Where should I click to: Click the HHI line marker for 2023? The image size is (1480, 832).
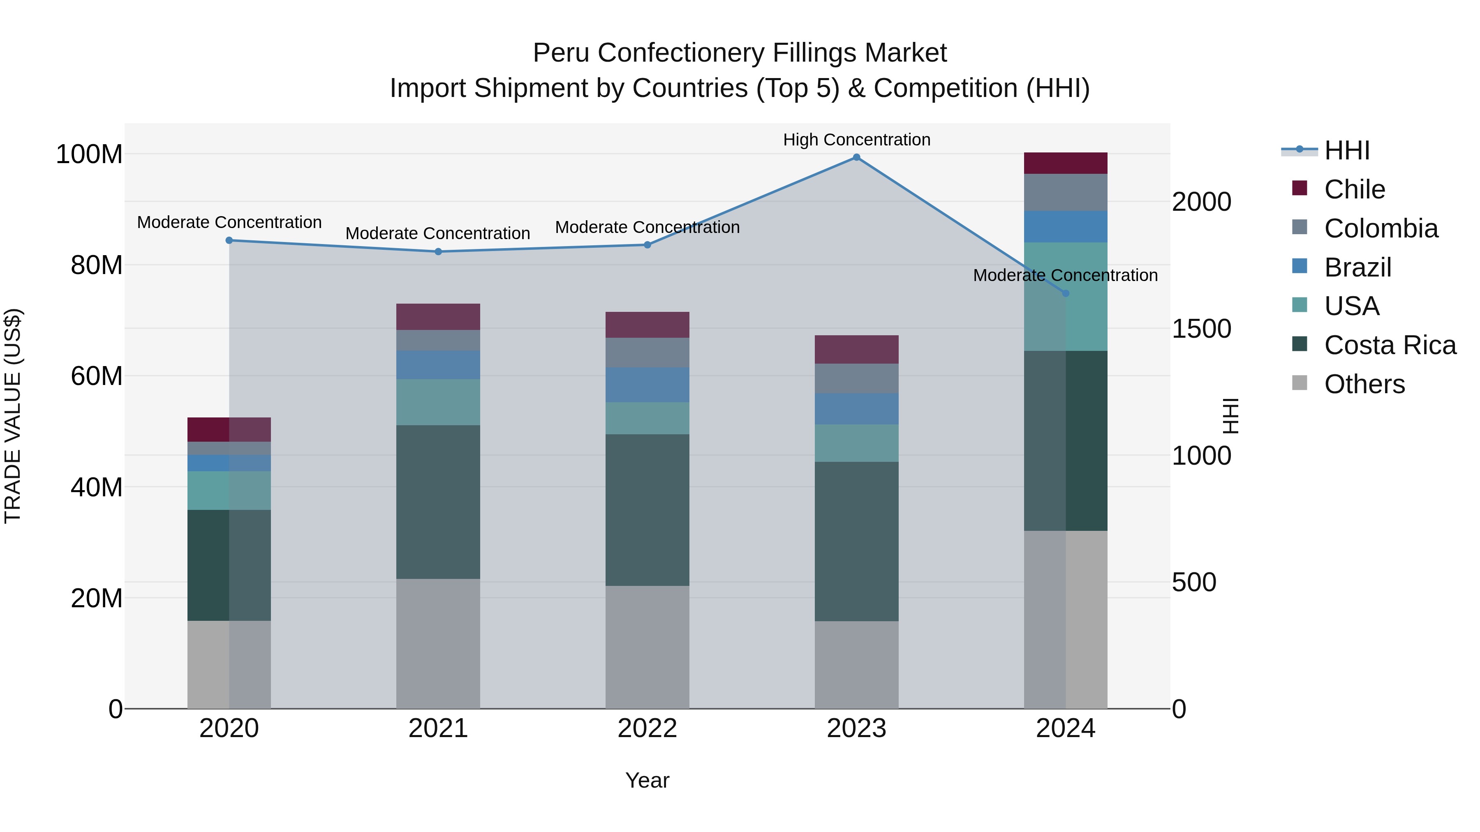(x=856, y=157)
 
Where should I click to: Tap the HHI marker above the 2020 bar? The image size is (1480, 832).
(x=229, y=241)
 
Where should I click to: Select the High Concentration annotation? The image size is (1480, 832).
(x=856, y=140)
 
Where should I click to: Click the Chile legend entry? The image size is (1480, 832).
(x=1354, y=189)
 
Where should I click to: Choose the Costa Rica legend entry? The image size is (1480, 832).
(x=1389, y=345)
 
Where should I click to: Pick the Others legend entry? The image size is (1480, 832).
(x=1364, y=384)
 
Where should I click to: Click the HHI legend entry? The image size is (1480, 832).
(x=1346, y=150)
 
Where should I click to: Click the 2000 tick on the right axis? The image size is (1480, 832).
(x=1201, y=202)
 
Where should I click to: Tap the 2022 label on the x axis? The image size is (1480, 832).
(x=647, y=728)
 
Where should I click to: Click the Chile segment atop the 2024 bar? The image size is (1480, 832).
(x=1065, y=163)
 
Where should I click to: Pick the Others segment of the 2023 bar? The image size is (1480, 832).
(x=856, y=664)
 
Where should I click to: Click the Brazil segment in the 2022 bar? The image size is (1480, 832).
(x=647, y=385)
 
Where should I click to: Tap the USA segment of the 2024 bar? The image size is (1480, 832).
(x=1065, y=296)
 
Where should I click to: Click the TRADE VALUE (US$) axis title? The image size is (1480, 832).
(x=13, y=416)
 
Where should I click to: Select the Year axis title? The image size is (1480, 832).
(x=647, y=780)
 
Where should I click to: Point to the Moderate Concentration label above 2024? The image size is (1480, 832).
(x=1065, y=276)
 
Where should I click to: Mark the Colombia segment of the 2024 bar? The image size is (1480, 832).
(x=1065, y=192)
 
